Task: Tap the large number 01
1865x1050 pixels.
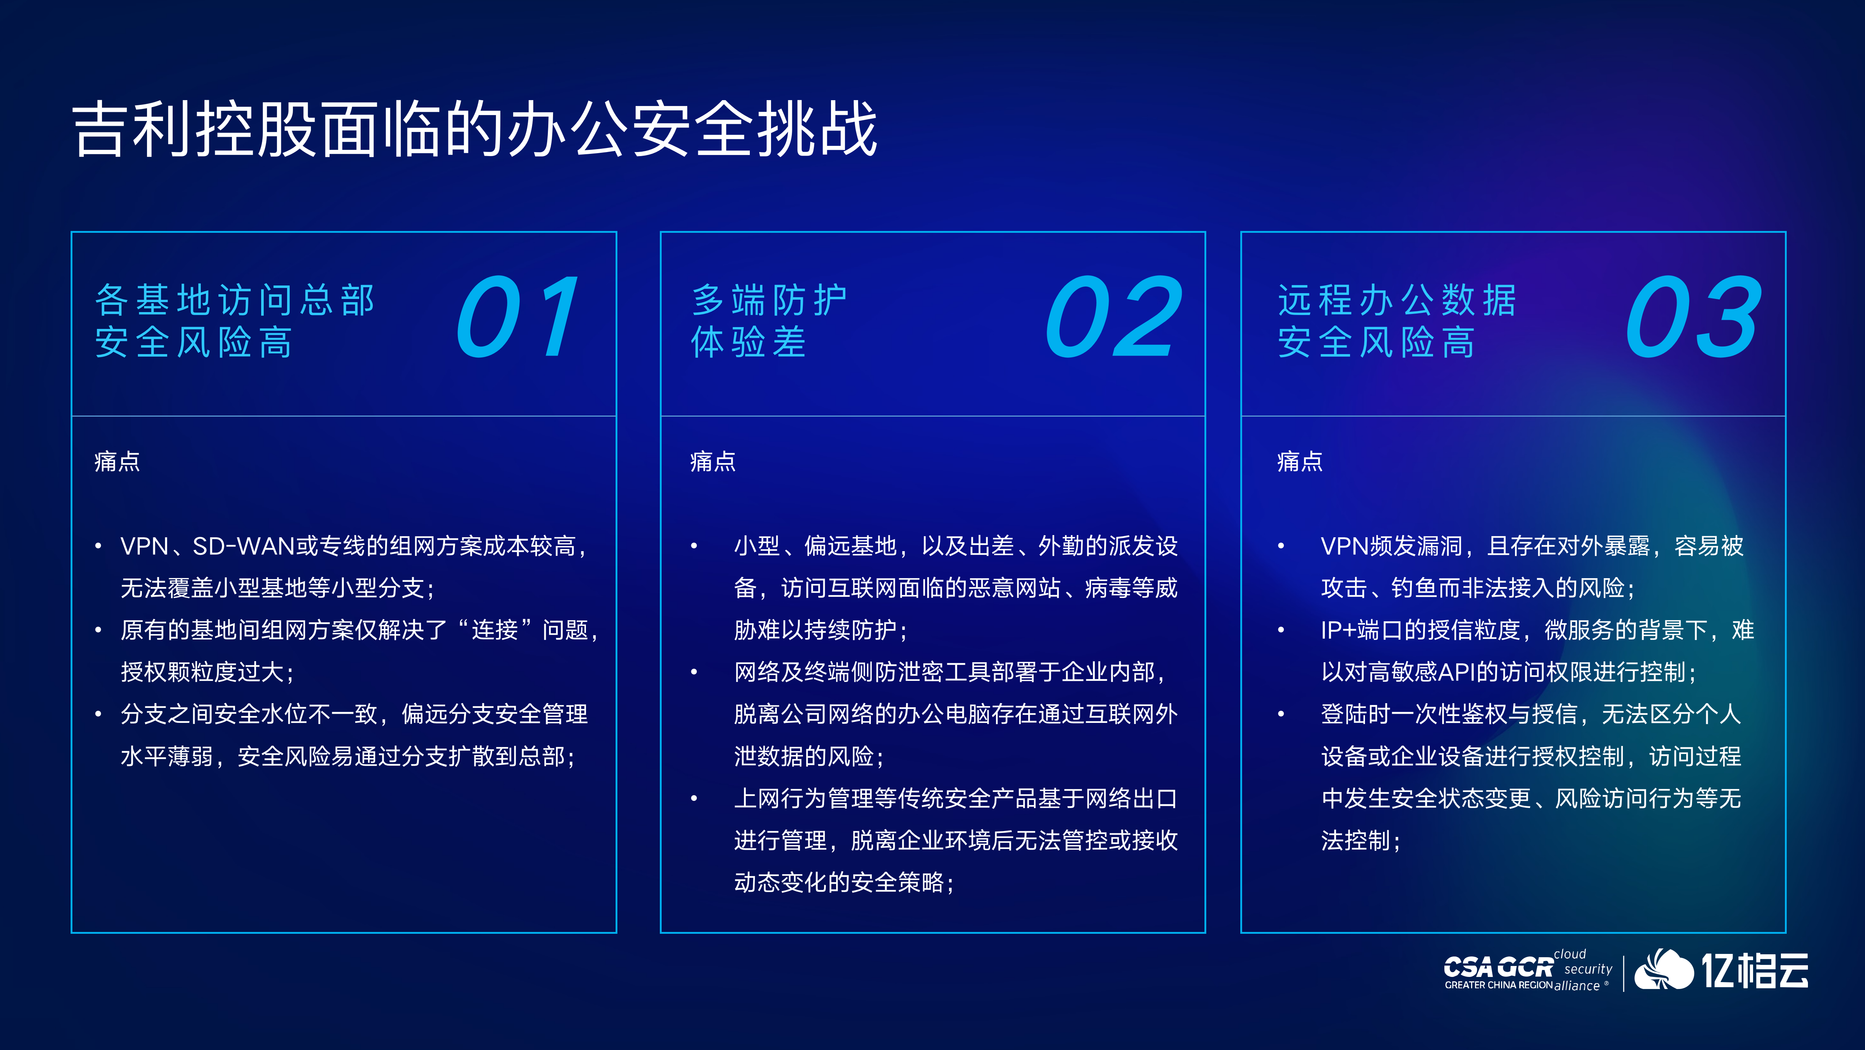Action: [517, 317]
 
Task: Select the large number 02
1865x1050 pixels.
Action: [1113, 317]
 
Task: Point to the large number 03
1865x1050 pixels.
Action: [1693, 317]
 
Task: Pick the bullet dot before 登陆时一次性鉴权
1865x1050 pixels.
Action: [1281, 714]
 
